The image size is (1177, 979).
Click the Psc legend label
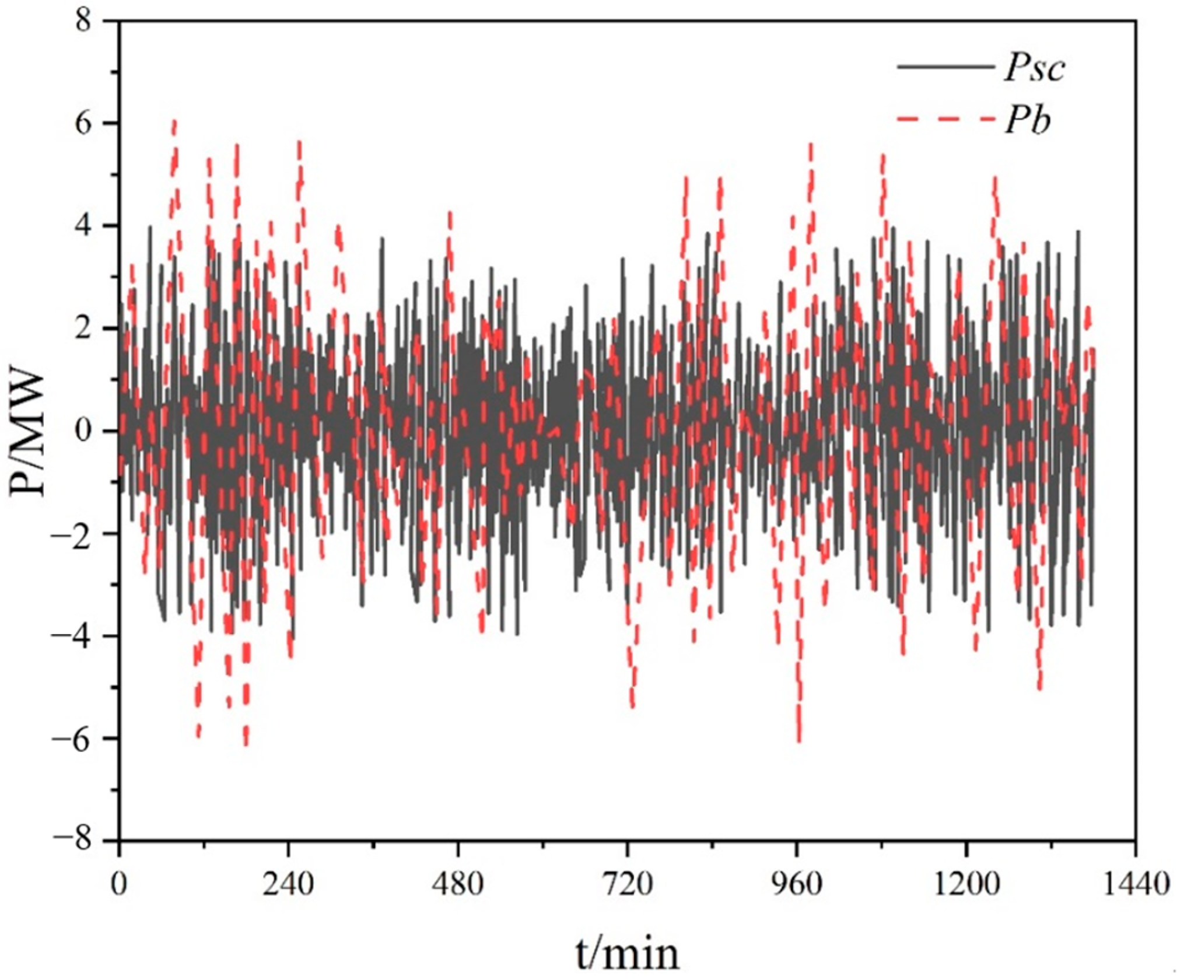1034,69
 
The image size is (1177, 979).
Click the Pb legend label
1027,122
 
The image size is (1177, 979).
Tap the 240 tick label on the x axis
288,884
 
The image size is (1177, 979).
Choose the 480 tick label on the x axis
458,884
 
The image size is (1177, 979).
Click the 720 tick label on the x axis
626,884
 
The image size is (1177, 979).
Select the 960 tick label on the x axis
797,884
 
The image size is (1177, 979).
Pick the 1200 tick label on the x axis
966,884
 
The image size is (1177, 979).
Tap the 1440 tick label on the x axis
1136,884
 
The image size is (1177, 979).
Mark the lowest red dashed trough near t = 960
799,740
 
